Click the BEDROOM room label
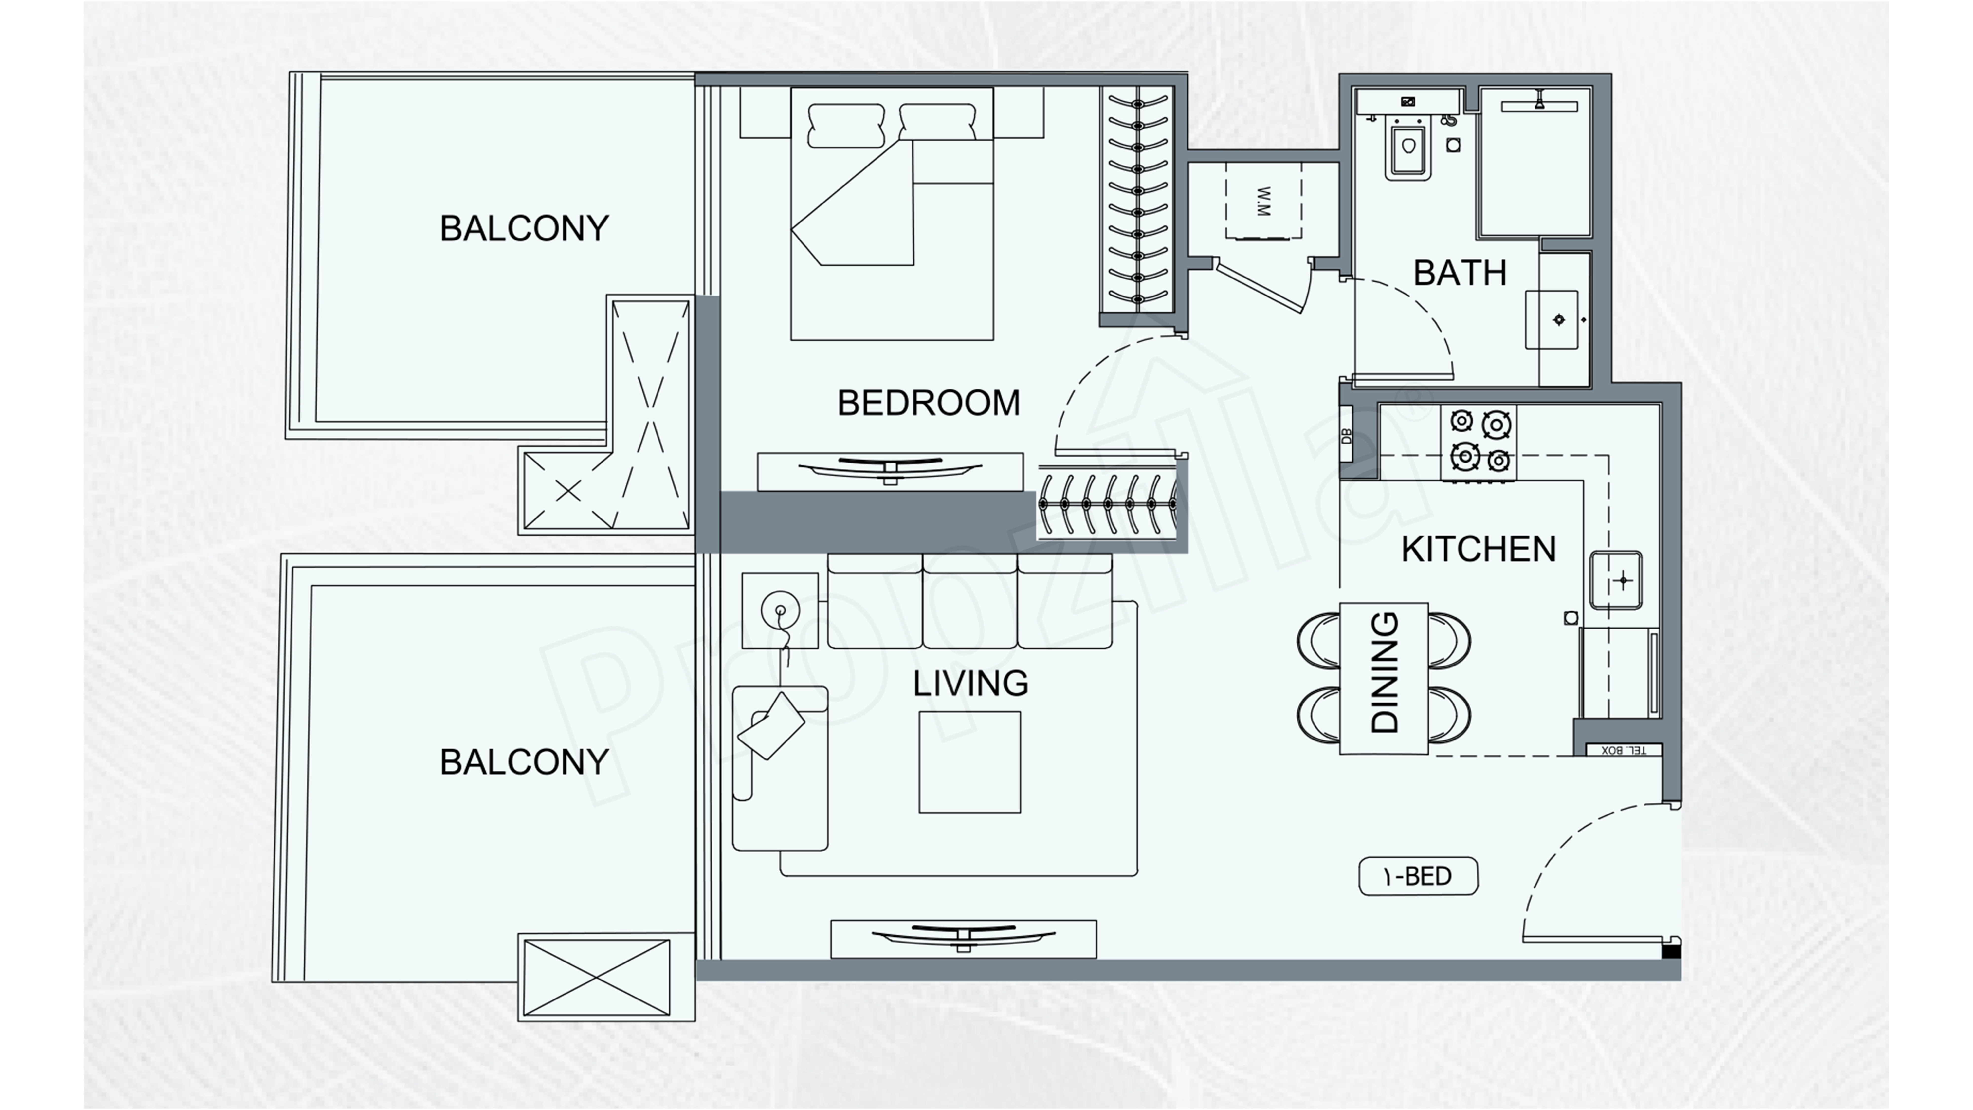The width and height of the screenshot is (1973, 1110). pos(928,403)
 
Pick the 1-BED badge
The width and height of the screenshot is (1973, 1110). pos(1418,876)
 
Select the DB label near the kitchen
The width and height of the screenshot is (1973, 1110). pos(1347,437)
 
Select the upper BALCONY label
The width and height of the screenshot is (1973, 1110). pos(524,228)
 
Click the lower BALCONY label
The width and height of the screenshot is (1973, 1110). pos(524,762)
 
